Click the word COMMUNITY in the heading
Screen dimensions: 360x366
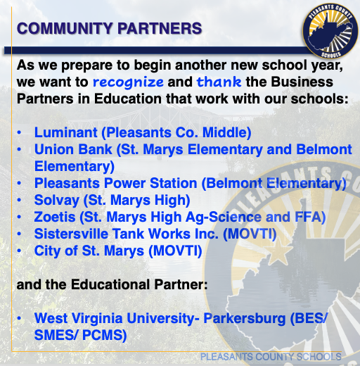point(65,28)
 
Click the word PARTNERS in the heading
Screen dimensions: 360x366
point(160,28)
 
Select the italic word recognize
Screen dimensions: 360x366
point(128,82)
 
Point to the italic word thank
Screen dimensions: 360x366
point(219,82)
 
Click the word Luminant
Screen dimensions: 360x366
point(66,132)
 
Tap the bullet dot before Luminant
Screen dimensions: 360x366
point(19,132)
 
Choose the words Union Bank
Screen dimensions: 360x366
point(73,149)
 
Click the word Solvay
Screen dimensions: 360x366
point(57,201)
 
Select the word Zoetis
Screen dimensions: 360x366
point(55,217)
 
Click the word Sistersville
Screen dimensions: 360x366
point(71,234)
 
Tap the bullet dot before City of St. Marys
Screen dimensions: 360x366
point(19,251)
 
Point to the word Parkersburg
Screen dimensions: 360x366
point(245,319)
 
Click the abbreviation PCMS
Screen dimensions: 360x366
point(102,335)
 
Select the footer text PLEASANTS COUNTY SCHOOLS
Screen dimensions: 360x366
point(271,357)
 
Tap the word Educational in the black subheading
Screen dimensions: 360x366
point(110,284)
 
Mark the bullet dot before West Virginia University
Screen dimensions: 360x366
point(19,318)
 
